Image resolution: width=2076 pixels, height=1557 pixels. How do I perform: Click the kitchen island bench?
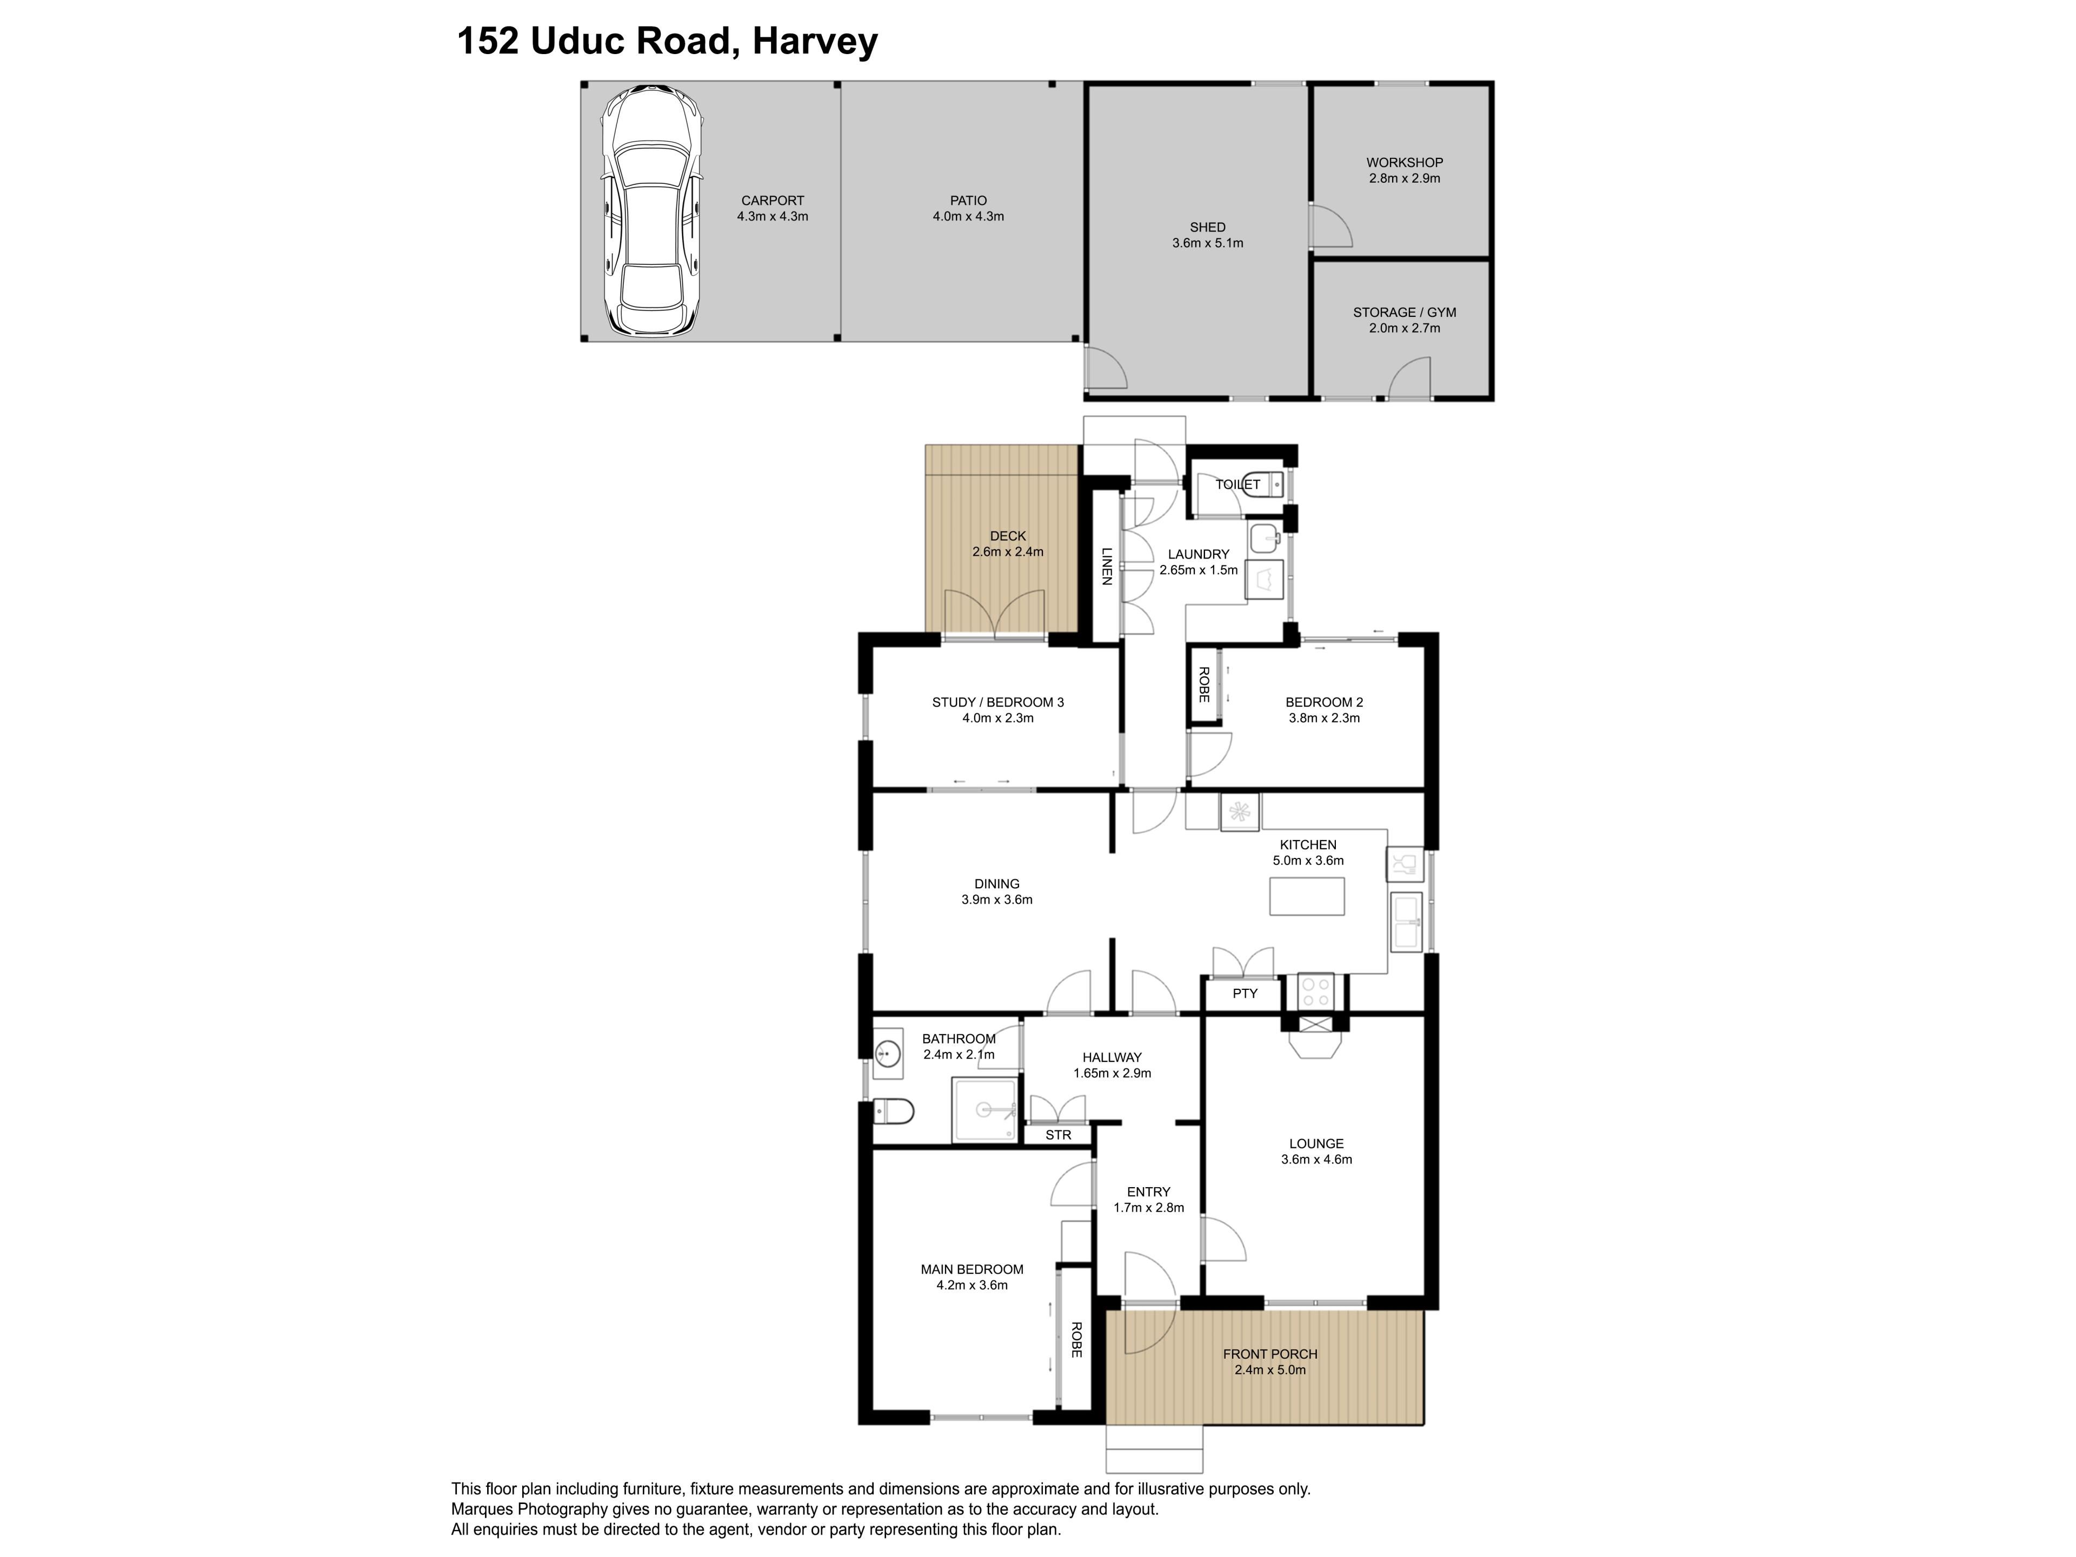coord(1306,896)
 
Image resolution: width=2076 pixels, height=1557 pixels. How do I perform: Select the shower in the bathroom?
coord(984,1110)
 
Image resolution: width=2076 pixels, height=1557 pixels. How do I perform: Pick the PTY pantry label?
coord(1245,993)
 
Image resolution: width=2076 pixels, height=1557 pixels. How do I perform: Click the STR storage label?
coord(1059,1135)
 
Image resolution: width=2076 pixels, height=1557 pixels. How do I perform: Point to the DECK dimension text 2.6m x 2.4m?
coord(1007,552)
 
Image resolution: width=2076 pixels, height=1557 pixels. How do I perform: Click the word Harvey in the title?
coord(816,42)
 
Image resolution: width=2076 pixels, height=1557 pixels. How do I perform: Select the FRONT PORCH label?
coord(1270,1354)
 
